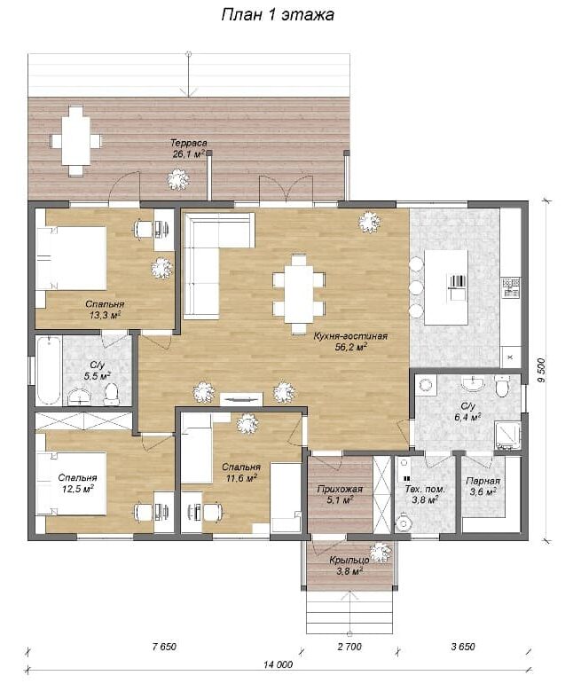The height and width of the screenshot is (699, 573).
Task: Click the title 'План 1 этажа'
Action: click(278, 15)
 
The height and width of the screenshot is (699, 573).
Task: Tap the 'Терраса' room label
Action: click(189, 143)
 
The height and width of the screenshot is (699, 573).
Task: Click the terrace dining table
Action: click(75, 140)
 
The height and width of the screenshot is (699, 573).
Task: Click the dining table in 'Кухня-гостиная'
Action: click(299, 294)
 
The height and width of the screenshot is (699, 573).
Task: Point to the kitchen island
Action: click(446, 287)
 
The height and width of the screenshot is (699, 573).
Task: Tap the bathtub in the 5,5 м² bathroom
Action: click(48, 371)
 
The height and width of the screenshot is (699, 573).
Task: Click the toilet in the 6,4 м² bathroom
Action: click(502, 385)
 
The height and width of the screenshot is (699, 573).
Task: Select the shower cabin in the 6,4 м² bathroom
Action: click(508, 436)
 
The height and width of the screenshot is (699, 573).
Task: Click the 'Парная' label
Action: click(483, 481)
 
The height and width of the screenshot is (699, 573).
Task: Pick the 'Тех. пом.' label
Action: click(425, 489)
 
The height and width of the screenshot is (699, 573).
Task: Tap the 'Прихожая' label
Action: click(340, 489)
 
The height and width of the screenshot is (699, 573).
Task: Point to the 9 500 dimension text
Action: click(541, 370)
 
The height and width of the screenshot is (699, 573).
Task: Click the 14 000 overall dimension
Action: click(278, 664)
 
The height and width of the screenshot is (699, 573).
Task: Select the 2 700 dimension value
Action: click(349, 647)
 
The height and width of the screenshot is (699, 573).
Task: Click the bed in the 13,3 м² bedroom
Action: click(71, 258)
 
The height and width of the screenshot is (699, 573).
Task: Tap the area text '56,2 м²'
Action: click(351, 347)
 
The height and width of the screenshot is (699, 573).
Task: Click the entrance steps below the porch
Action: click(350, 612)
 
